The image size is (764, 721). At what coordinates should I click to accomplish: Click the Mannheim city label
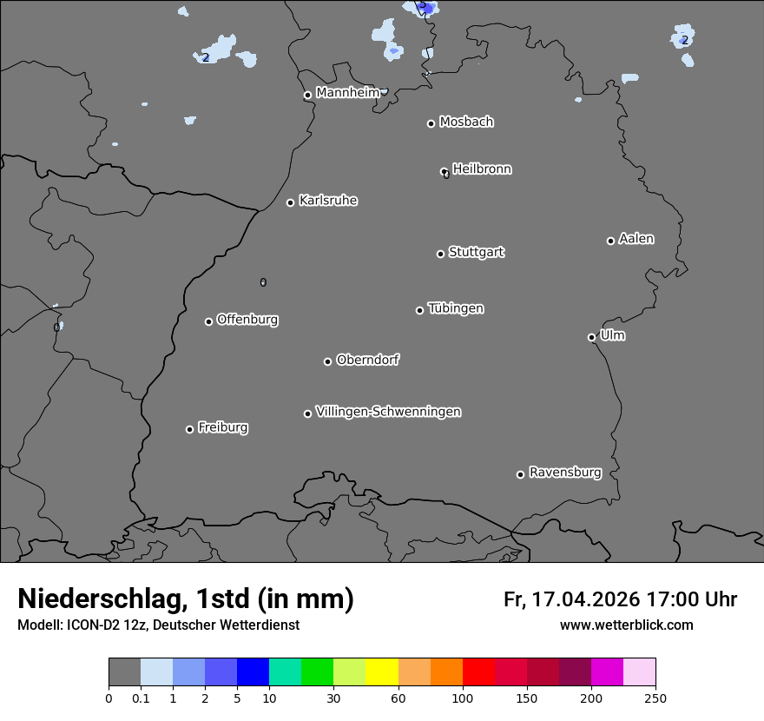[x=347, y=93]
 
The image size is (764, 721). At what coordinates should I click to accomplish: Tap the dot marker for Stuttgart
[x=440, y=254]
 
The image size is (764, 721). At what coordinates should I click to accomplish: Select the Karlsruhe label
[x=328, y=201]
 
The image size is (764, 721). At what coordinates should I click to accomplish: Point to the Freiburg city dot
[x=189, y=429]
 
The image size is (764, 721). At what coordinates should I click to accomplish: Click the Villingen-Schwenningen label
[x=388, y=412]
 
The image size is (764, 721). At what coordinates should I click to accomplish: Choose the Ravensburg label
[x=565, y=473]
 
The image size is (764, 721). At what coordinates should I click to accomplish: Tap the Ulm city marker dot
[x=591, y=337]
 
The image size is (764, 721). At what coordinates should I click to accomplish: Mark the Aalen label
[x=636, y=239]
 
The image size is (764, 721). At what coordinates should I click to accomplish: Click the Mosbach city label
[x=466, y=122]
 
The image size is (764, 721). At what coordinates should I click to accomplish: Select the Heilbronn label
[x=482, y=169]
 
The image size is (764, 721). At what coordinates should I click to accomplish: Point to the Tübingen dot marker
[x=419, y=310]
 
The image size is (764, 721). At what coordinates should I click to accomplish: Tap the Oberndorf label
[x=368, y=360]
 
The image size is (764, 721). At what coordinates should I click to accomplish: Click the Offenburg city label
[x=247, y=320]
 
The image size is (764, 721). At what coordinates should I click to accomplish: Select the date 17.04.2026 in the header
[x=586, y=599]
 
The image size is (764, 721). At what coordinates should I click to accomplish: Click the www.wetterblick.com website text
[x=626, y=625]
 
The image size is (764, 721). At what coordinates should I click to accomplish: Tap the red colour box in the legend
[x=478, y=672]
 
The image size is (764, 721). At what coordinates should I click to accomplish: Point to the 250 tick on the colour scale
[x=655, y=697]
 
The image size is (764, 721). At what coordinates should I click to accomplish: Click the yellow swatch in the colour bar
[x=382, y=672]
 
